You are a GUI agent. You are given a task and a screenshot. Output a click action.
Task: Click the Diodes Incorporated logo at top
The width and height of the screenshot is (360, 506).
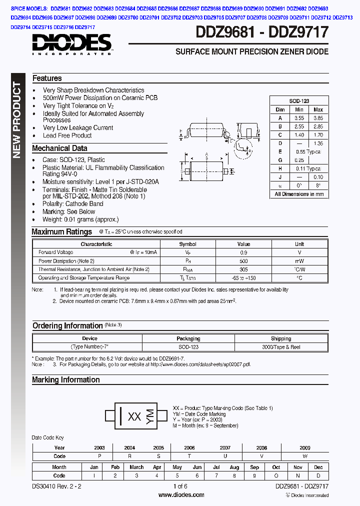(72, 44)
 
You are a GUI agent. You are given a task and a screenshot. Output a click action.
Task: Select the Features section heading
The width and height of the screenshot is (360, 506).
(47, 78)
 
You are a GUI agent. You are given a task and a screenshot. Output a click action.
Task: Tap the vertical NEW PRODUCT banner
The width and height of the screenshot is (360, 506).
(17, 120)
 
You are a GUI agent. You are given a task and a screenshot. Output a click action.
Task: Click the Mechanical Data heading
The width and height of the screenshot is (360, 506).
(59, 148)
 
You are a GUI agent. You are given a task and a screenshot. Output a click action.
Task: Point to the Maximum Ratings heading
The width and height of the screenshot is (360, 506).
(61, 232)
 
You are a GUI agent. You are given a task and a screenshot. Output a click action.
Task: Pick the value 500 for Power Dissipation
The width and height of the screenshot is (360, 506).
(243, 261)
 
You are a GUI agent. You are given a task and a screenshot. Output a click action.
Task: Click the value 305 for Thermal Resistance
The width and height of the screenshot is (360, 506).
(243, 269)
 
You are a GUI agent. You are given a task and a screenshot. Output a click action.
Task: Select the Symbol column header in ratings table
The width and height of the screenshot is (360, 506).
(187, 244)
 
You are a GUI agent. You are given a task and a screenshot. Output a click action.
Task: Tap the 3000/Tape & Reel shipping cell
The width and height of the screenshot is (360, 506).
(281, 346)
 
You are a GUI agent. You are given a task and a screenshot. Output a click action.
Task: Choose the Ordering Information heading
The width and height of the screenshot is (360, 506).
(67, 325)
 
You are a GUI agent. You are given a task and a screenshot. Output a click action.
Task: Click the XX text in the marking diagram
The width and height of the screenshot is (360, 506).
(134, 416)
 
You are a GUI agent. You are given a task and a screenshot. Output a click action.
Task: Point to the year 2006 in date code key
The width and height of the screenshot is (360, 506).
(189, 448)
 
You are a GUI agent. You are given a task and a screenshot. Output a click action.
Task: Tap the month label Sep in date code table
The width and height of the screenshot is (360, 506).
(254, 467)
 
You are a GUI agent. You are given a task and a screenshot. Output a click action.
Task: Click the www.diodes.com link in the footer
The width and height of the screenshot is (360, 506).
(180, 495)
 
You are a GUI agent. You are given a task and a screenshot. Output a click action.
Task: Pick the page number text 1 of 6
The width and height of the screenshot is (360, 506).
(180, 486)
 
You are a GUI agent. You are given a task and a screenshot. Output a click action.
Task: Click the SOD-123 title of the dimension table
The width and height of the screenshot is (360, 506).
(299, 101)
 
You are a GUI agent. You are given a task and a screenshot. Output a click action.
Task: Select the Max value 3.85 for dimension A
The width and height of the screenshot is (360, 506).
(318, 118)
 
